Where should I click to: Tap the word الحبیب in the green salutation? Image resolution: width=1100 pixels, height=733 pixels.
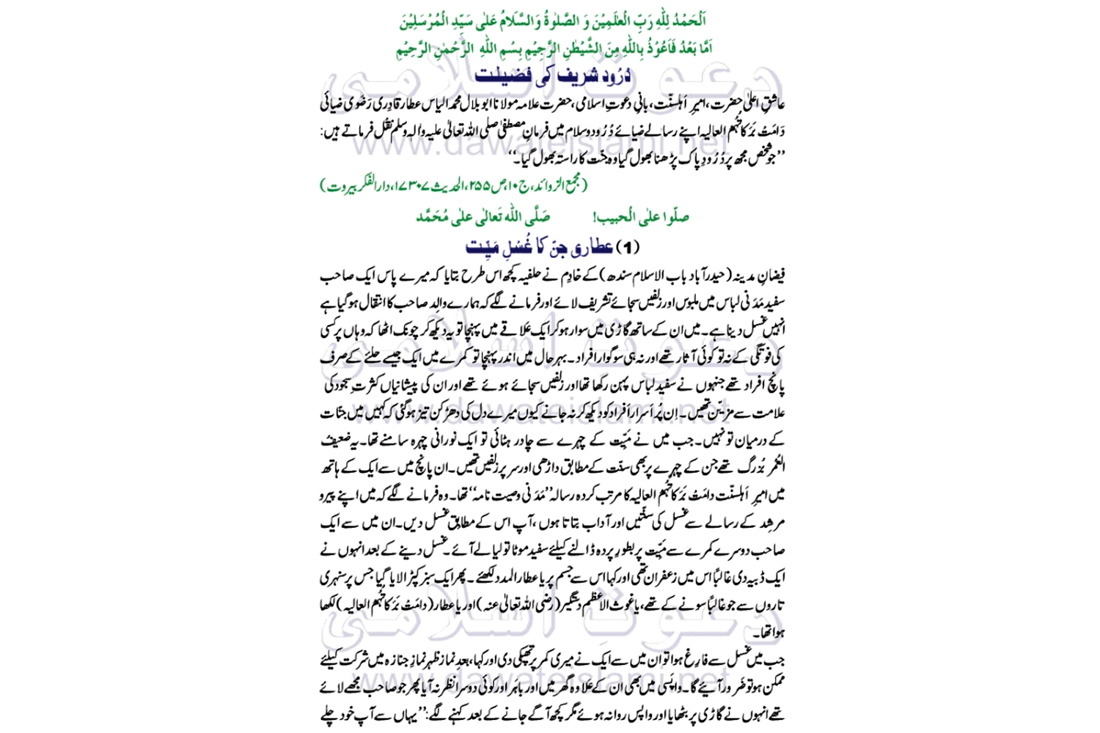pyautogui.click(x=631, y=217)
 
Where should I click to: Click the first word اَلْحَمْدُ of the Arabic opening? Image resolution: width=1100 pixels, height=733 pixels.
pyautogui.click(x=687, y=21)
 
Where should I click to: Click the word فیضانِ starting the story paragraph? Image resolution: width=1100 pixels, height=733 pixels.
pyautogui.click(x=771, y=276)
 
